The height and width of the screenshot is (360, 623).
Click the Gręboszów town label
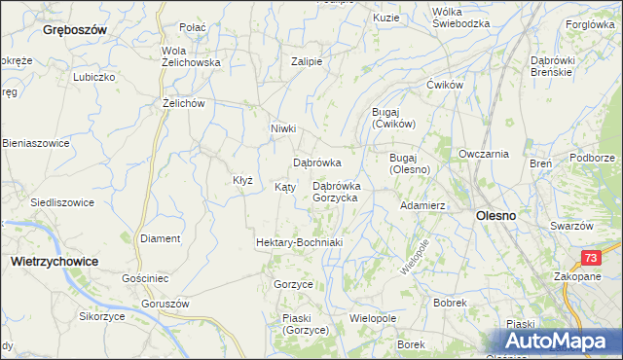coord(74,30)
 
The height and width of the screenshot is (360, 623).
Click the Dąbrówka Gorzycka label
coord(335,192)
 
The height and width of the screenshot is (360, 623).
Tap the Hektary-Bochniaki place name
coord(299,241)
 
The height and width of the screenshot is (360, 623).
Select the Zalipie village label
coord(307,60)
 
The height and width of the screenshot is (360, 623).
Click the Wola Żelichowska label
coord(191,56)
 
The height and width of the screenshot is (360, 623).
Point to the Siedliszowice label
coord(62,202)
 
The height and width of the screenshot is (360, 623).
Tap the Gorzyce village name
coord(293,283)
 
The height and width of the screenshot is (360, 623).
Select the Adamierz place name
coord(422,206)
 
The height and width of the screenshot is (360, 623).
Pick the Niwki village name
coord(282,128)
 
